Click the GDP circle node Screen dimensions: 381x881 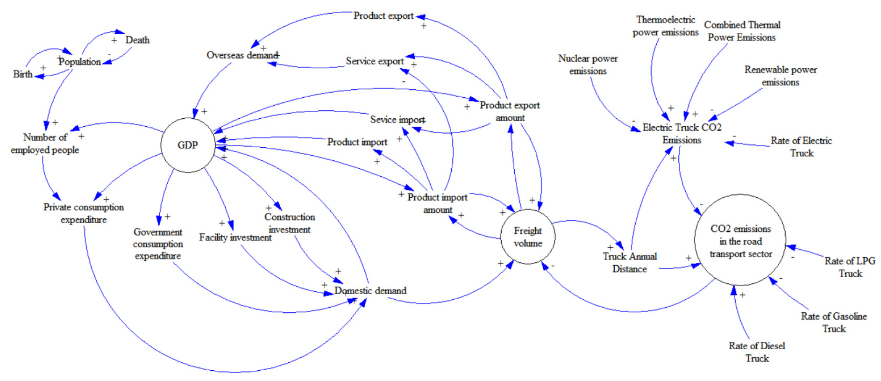[x=188, y=145]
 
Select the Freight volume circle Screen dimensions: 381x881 [x=528, y=237]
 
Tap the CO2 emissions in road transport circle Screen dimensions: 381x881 [x=740, y=241]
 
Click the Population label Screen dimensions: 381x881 [x=80, y=62]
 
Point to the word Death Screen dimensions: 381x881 [x=137, y=40]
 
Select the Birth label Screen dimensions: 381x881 [x=22, y=74]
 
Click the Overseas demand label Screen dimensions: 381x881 [x=242, y=55]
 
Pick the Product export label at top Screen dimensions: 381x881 [x=383, y=16]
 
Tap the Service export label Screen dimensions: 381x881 [x=375, y=61]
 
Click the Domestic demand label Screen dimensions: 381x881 [x=370, y=291]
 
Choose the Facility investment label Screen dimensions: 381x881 [x=235, y=237]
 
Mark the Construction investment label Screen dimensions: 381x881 [x=290, y=223]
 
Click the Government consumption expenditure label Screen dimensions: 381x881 [x=158, y=244]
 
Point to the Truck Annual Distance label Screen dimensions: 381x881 [x=630, y=262]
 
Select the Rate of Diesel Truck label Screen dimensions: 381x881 [x=757, y=352]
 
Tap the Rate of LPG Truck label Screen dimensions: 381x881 [x=850, y=267]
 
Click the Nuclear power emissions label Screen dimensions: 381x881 [x=588, y=65]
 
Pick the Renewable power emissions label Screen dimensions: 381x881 [x=781, y=76]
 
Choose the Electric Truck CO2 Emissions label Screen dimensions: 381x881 [x=682, y=134]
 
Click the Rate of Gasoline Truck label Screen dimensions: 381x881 [x=834, y=322]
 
